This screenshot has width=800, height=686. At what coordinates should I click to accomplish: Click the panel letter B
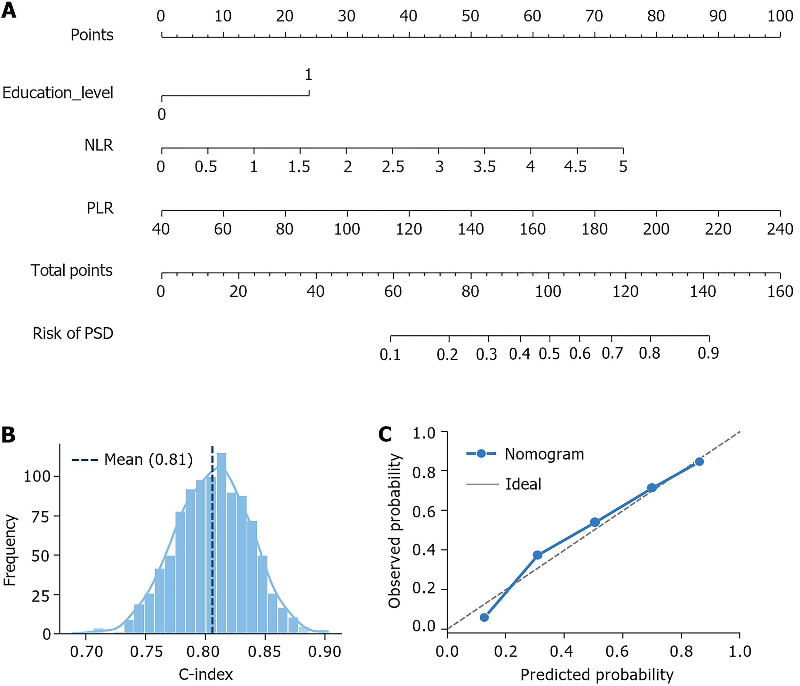(9, 435)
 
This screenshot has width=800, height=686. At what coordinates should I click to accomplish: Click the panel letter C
(385, 435)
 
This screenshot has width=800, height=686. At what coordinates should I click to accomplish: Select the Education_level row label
(58, 93)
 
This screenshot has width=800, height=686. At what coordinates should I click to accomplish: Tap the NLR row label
(99, 146)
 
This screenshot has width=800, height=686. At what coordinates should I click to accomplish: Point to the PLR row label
(100, 209)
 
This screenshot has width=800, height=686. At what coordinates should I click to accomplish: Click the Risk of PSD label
(73, 333)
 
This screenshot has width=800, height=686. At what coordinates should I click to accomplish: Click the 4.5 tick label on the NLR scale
(575, 167)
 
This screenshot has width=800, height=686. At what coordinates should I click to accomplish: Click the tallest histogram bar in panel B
(221, 540)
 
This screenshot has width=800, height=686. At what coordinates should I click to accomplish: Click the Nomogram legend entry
(544, 454)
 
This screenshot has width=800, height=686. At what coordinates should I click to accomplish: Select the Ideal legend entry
(523, 484)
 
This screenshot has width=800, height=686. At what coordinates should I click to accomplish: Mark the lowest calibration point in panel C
(484, 618)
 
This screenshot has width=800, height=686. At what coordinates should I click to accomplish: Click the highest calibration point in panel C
(699, 462)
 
